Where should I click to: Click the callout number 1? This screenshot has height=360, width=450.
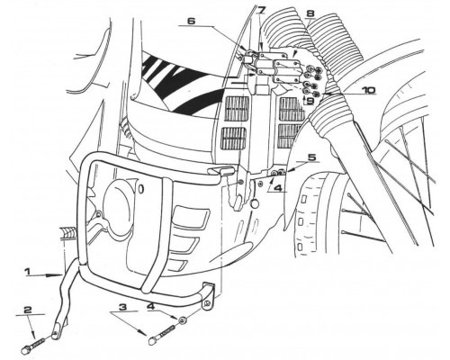tap(27, 272)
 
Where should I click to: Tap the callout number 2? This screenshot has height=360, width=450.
tap(28, 310)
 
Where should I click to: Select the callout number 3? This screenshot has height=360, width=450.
tap(122, 308)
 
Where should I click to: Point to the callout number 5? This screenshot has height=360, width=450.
tap(312, 157)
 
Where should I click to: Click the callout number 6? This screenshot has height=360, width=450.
tap(191, 21)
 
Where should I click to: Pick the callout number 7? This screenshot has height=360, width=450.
tap(262, 10)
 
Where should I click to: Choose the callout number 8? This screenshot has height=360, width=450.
tap(310, 13)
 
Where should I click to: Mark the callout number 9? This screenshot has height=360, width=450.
tap(310, 101)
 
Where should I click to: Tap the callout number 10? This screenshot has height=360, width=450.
tap(367, 90)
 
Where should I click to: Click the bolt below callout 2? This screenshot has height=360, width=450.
tap(33, 345)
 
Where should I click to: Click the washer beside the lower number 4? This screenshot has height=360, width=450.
tap(181, 321)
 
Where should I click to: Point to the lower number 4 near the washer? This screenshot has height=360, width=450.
tap(150, 306)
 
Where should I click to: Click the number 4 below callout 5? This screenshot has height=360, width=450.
tap(278, 188)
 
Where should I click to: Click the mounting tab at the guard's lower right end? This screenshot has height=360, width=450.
tap(208, 295)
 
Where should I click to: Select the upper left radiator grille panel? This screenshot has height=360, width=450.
tap(237, 109)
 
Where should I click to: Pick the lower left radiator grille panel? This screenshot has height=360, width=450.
tap(234, 139)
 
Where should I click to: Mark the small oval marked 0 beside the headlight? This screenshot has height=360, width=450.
tap(141, 189)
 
